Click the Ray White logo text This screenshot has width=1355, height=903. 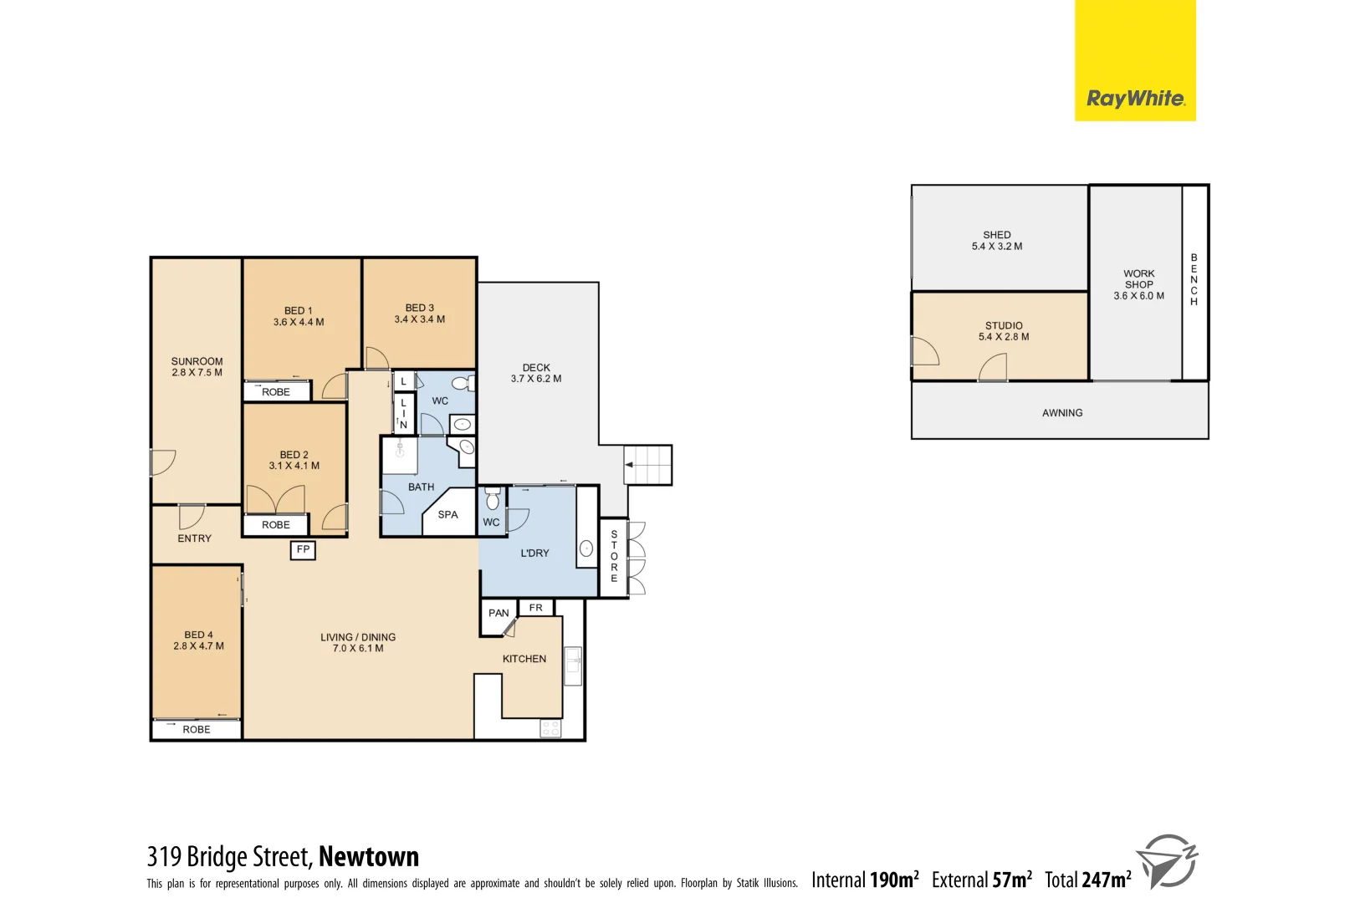1135,99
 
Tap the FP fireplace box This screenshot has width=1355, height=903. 303,549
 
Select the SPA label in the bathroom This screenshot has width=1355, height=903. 447,515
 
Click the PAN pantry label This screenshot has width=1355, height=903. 499,613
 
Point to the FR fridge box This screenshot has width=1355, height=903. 535,608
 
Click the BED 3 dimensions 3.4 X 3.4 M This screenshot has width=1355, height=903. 419,319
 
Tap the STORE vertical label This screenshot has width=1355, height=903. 614,556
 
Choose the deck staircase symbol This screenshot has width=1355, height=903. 648,465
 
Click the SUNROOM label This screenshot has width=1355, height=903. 197,361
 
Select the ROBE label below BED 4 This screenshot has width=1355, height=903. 197,730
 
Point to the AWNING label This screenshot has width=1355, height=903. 1062,413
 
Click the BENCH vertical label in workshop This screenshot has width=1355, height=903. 1194,279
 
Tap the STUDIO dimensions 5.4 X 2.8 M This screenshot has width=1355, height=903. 1004,337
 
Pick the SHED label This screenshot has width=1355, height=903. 996,235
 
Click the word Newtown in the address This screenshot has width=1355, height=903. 368,857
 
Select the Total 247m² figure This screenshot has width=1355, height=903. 1087,880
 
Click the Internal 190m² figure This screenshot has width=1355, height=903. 865,880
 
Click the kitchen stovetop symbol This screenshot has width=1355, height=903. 550,728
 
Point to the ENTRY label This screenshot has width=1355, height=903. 194,538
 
